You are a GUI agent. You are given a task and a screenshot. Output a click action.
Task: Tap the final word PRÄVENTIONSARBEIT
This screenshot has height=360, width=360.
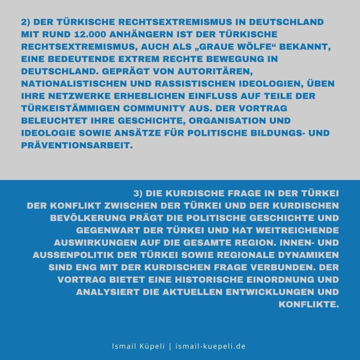click(77, 145)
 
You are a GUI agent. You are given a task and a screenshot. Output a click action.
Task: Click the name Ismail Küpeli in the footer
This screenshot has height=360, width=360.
click(139, 346)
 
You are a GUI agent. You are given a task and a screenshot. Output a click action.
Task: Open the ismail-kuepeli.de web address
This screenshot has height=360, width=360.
click(210, 346)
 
